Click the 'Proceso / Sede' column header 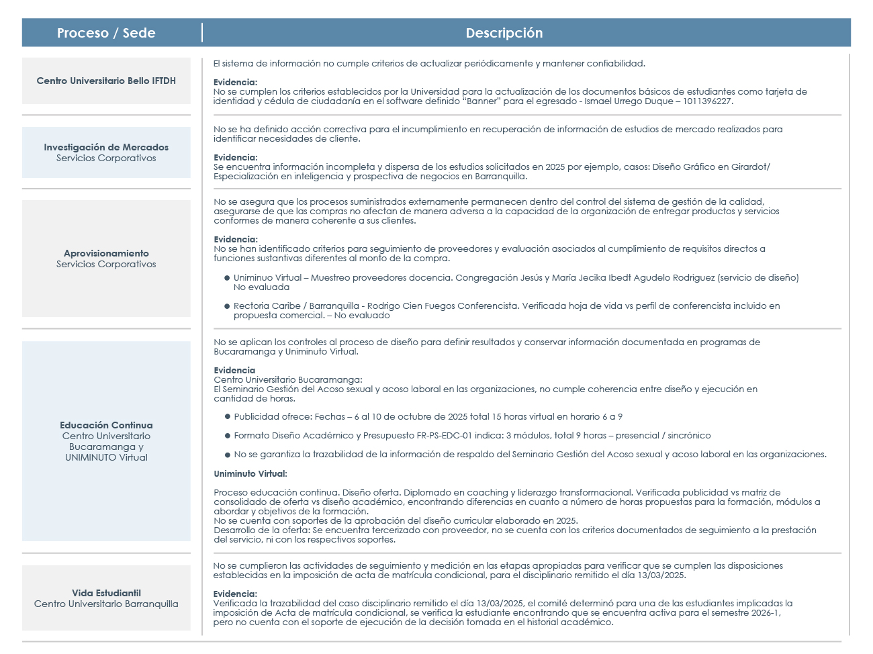[x=106, y=33]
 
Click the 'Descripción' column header [x=504, y=33]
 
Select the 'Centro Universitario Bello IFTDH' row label [x=106, y=81]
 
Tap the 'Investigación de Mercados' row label [x=106, y=147]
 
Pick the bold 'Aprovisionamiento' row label [x=106, y=253]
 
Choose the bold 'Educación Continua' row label [x=106, y=425]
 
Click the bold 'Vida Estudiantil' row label [x=106, y=593]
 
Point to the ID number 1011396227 [x=706, y=101]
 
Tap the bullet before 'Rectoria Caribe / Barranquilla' [x=228, y=306]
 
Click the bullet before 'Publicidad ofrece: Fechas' [x=228, y=417]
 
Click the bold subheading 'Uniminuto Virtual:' [x=250, y=473]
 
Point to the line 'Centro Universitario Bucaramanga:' [x=288, y=379]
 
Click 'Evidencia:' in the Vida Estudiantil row [x=235, y=594]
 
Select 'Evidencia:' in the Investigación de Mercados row [x=235, y=157]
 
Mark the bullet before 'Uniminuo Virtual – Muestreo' [x=228, y=278]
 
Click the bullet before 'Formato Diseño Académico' [x=228, y=436]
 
